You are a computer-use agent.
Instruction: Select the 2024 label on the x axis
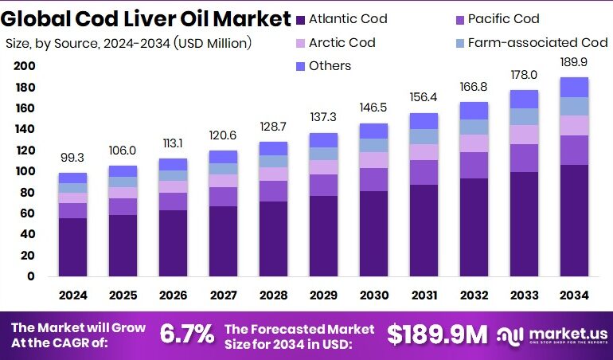[x=72, y=295]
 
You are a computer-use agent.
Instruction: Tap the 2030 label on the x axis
[x=373, y=295]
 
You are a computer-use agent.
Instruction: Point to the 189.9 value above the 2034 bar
[x=574, y=63]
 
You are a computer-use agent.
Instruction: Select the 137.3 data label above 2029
[x=323, y=119]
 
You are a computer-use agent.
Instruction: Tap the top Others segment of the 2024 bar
[x=72, y=178]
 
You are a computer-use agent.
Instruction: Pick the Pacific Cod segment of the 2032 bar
[x=474, y=165]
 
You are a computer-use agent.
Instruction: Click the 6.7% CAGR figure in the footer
[x=187, y=335]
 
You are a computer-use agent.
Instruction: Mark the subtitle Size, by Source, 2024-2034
[x=128, y=43]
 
